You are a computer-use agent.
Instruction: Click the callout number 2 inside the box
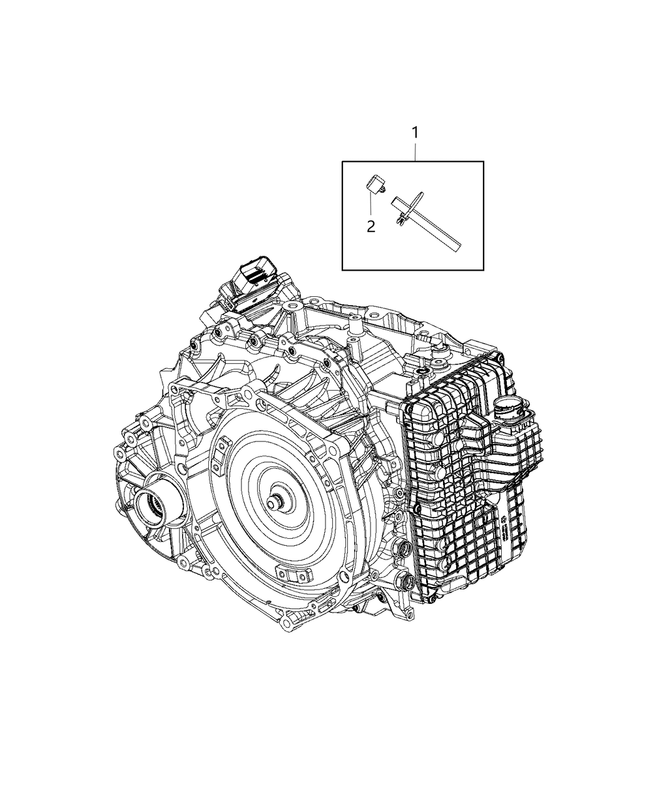tap(371, 226)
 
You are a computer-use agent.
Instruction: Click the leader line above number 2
tap(371, 206)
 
